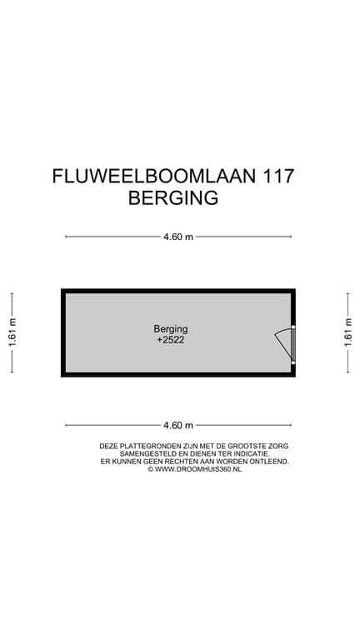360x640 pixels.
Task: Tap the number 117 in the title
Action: [x=278, y=177]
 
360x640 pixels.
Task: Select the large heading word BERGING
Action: [x=172, y=198]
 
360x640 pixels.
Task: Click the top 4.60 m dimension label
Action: [x=178, y=237]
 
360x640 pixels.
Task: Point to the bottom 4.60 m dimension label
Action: [x=178, y=425]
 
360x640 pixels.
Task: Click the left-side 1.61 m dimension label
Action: [x=12, y=332]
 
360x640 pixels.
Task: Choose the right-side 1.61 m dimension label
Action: [x=348, y=332]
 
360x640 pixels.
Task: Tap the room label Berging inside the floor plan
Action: [x=170, y=328]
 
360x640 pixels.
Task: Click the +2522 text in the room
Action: [x=170, y=341]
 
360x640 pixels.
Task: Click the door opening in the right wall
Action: [x=293, y=343]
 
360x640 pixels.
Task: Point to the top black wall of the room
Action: [x=178, y=291]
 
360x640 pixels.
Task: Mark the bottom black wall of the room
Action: [x=178, y=375]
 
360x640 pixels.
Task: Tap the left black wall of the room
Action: [x=63, y=332]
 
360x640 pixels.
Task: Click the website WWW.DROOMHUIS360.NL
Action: [x=198, y=469]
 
